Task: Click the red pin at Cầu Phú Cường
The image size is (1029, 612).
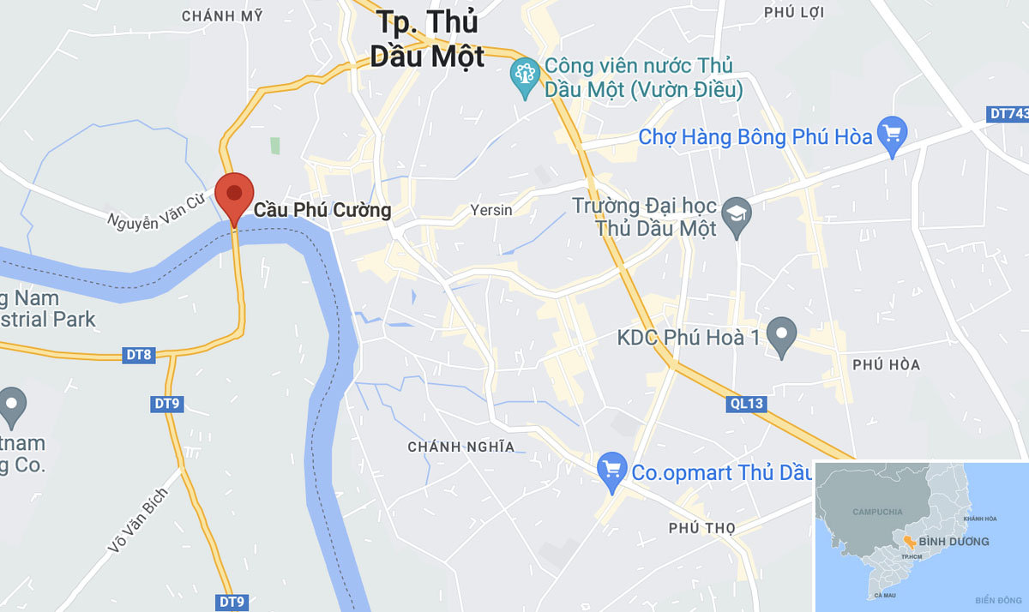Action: (x=234, y=195)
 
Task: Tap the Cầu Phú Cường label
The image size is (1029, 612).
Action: (x=322, y=210)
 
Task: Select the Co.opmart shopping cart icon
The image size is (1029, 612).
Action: (x=612, y=471)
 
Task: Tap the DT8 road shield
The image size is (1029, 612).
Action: (x=139, y=354)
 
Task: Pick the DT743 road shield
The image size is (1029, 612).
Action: (x=1008, y=113)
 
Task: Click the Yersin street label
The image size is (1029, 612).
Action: (x=490, y=210)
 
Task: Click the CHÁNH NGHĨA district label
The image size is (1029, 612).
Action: (x=461, y=447)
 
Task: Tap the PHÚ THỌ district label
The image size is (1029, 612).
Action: (x=702, y=528)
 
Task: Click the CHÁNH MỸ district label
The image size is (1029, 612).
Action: (x=222, y=16)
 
